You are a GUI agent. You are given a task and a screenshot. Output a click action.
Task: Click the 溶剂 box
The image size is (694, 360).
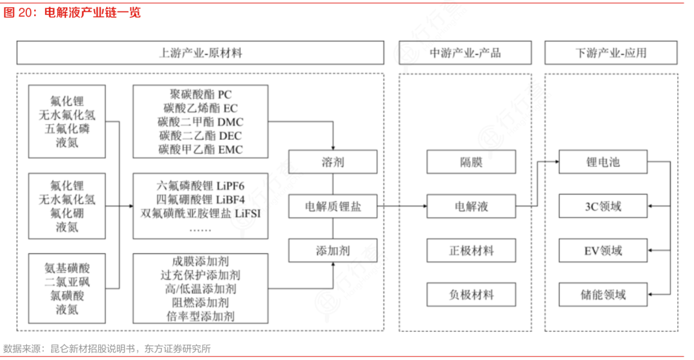(332, 162)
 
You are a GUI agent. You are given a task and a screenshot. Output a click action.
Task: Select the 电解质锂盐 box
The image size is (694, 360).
(332, 206)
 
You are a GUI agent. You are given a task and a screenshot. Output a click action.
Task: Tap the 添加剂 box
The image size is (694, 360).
(332, 250)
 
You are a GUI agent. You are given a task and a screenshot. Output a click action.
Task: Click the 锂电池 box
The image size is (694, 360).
(603, 162)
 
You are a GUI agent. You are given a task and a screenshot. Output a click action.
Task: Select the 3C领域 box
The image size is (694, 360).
(603, 206)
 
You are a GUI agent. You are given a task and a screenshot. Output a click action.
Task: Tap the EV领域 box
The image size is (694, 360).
(603, 250)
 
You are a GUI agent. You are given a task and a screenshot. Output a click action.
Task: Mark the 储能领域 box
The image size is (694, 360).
(603, 294)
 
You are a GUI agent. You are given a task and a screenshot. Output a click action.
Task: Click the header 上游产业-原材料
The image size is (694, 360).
(200, 53)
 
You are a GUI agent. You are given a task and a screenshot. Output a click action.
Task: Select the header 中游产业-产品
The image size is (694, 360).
(465, 53)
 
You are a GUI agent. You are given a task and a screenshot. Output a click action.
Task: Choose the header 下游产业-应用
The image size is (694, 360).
(610, 53)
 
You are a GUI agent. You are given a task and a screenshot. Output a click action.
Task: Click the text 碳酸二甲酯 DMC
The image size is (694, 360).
(200, 122)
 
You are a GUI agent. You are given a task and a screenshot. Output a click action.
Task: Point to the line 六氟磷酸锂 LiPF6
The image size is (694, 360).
(200, 186)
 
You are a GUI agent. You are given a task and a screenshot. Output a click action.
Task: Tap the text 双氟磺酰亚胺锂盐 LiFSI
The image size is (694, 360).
(200, 213)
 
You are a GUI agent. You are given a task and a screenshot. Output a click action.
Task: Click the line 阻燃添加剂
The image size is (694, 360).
(200, 302)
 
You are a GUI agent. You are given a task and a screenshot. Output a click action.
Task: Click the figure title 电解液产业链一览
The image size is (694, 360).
(93, 12)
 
